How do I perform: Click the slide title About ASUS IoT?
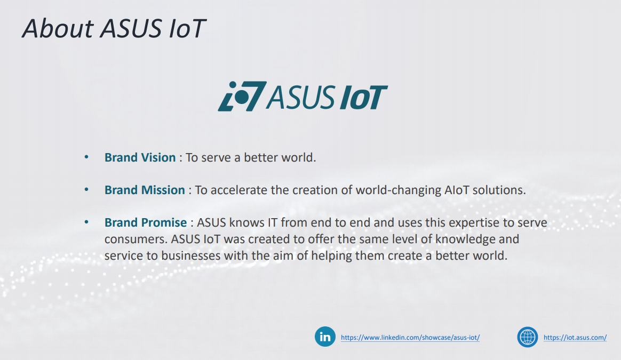coord(113,28)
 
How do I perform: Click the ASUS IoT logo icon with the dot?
coord(241,97)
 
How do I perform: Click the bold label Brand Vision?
coord(140,158)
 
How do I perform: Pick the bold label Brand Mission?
coord(145,190)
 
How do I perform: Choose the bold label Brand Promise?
coord(146,222)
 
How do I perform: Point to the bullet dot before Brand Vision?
coord(86,157)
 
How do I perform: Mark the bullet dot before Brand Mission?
coord(86,190)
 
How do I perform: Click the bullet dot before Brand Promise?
coord(86,222)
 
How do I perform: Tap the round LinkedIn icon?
coord(325,337)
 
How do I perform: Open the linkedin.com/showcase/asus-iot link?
coord(410,338)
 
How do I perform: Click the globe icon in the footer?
coord(528,337)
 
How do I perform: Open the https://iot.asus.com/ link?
coord(575,338)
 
